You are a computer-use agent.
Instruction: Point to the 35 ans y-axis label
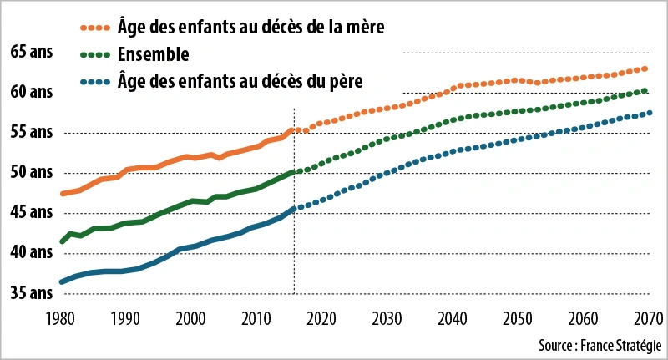coord(32,293)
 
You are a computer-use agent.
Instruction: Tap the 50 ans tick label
coord(32,173)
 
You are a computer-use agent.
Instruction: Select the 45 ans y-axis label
coord(32,213)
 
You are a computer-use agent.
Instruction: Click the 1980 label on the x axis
coord(59,318)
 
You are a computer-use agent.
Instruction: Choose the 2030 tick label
coord(387,318)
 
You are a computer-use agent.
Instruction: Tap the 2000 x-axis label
coord(190,318)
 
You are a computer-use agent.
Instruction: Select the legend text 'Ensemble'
coord(153,55)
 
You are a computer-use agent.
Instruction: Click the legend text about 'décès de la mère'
coord(250,28)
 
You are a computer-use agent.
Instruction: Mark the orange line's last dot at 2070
coord(645,68)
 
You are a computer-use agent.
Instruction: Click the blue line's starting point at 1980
coord(61,282)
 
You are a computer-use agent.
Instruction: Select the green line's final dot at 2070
coord(645,90)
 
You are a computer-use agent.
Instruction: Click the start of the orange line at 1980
coord(61,194)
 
